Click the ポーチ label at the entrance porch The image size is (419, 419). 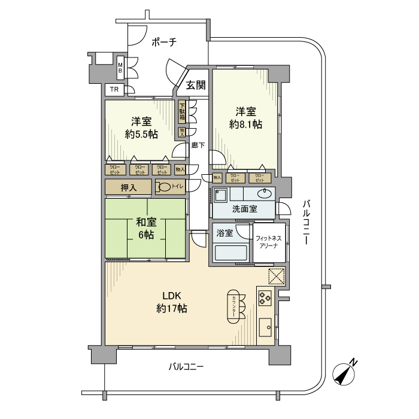click(x=163, y=42)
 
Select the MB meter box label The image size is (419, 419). click(x=120, y=69)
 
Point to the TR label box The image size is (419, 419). click(x=114, y=90)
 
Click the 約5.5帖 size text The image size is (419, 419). click(x=141, y=134)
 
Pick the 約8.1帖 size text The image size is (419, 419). click(x=245, y=125)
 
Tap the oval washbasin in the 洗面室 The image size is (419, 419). click(x=263, y=193)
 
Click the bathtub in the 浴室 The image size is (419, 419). click(x=231, y=253)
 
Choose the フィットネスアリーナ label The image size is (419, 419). click(x=269, y=241)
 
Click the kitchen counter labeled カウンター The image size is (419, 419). click(x=232, y=306)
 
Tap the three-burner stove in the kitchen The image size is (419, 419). click(x=265, y=297)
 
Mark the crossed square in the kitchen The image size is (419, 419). click(x=277, y=277)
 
